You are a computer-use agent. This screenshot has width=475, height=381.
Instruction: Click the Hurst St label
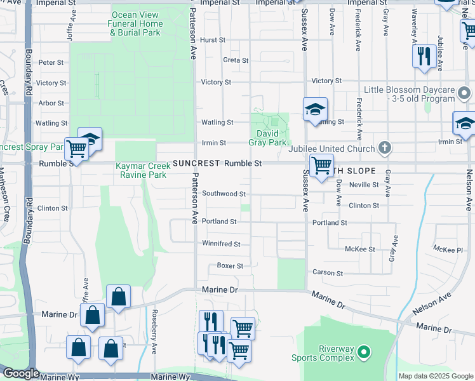(x=212, y=39)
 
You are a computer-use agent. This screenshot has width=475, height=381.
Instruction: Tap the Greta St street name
(x=236, y=60)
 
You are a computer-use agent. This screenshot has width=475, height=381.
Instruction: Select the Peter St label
(x=51, y=63)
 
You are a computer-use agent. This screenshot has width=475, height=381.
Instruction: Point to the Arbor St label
(x=51, y=103)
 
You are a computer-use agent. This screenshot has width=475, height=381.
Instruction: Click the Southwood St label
(x=224, y=193)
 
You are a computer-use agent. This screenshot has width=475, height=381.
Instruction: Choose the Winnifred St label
(x=221, y=244)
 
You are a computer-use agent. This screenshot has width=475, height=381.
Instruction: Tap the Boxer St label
(x=230, y=265)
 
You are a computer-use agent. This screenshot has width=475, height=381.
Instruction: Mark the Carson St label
(x=328, y=273)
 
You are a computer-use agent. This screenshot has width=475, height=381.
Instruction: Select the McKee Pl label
(x=448, y=250)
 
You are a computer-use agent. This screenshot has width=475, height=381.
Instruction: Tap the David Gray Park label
(x=271, y=138)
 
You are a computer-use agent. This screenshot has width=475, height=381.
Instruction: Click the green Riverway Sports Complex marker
(x=364, y=351)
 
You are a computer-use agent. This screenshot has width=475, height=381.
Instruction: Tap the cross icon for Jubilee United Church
(x=384, y=148)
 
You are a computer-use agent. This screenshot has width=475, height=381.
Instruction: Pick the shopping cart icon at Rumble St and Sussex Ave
(x=321, y=166)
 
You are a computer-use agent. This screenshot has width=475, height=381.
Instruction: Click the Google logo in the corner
(x=20, y=373)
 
